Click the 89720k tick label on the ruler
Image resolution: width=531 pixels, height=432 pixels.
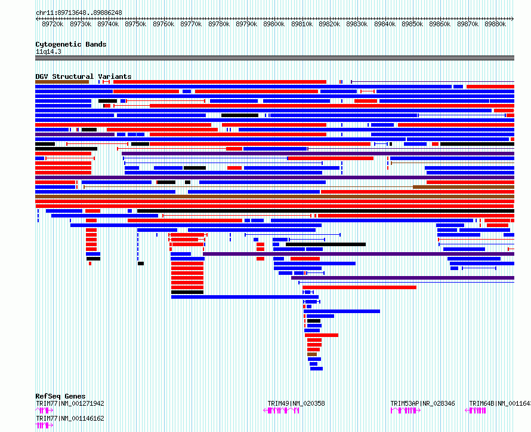53,24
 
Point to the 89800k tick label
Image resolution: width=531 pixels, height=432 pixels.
274,24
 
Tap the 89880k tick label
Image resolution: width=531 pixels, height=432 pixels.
495,24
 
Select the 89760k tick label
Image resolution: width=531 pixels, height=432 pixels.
163,24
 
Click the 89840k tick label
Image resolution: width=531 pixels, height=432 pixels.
385,24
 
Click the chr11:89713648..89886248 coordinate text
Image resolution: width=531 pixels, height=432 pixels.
79,13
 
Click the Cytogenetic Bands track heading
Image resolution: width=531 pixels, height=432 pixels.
71,44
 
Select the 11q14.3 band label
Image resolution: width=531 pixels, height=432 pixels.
48,51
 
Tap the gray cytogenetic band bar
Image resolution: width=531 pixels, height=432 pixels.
274,58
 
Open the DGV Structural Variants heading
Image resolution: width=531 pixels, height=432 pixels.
84,76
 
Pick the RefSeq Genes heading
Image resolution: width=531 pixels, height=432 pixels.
60,396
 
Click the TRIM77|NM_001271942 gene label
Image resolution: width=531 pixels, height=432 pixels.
70,403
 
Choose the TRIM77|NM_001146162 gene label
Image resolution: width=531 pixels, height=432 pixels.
70,418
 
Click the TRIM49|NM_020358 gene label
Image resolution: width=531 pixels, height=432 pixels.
296,403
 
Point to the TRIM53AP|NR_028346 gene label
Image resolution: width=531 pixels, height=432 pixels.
422,403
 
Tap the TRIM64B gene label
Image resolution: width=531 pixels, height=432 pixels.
499,403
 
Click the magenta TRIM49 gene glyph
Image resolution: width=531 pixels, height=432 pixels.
281,410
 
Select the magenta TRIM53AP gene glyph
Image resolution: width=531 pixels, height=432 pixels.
406,410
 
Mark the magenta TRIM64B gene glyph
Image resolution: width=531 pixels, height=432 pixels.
476,410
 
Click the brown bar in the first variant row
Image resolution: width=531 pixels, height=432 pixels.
62,82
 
